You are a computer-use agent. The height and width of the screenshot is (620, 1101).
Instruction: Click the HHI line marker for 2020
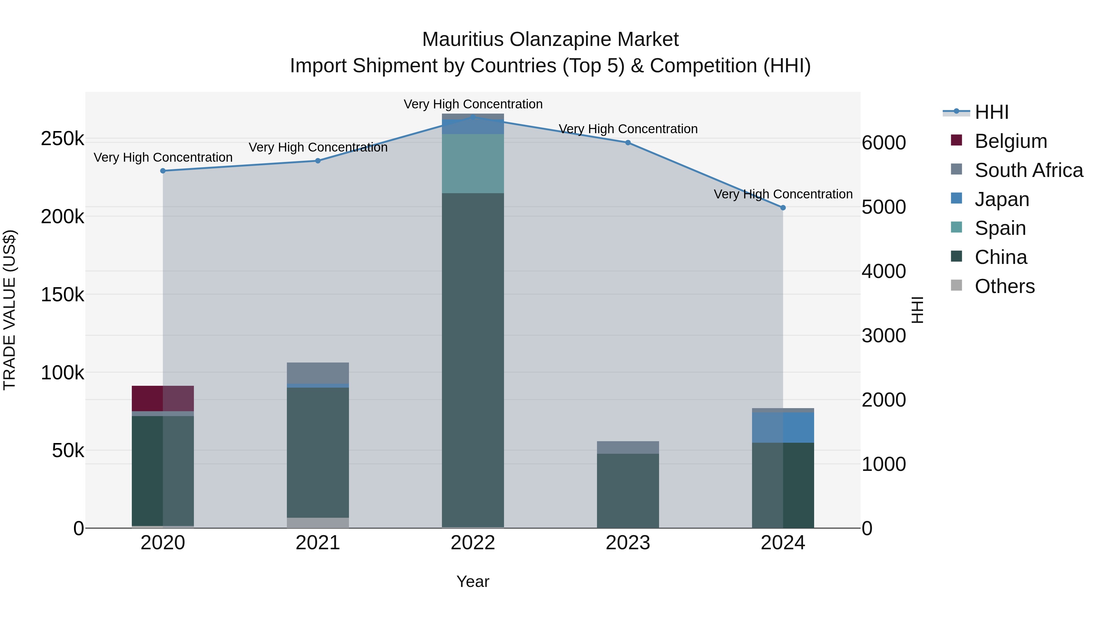[x=163, y=171]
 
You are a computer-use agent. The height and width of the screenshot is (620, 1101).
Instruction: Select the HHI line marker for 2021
[x=318, y=161]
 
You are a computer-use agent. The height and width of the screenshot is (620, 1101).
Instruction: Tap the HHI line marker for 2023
[x=628, y=142]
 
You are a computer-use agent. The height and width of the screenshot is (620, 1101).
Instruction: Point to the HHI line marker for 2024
[x=783, y=208]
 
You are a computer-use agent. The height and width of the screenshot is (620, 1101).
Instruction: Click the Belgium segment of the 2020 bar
[x=163, y=398]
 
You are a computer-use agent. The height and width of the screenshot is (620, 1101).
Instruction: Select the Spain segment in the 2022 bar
[x=473, y=163]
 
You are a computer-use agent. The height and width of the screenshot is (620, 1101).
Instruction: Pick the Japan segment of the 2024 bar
[x=783, y=427]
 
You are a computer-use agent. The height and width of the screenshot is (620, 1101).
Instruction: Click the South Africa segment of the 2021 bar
[x=318, y=373]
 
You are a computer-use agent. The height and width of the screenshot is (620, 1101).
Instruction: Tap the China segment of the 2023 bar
[x=628, y=490]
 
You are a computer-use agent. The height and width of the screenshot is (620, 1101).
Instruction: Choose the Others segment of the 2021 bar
[x=318, y=523]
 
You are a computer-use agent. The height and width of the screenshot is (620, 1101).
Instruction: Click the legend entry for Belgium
[x=1010, y=141]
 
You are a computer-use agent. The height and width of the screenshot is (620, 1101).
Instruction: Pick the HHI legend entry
[x=992, y=112]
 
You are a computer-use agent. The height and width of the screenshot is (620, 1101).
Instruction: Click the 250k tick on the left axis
[x=62, y=139]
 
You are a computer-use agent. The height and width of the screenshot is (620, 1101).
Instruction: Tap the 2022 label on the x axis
[x=473, y=543]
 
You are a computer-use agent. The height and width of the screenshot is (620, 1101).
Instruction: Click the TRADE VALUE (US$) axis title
[x=10, y=310]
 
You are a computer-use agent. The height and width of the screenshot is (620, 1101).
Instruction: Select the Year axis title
[x=473, y=581]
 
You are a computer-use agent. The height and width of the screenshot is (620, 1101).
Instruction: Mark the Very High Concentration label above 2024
[x=783, y=194]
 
